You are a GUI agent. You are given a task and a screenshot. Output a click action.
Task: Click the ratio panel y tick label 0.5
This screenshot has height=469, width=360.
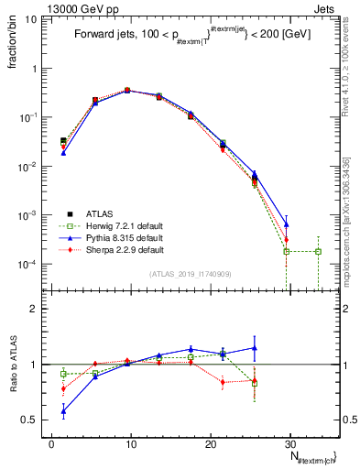pyautogui.click(x=36, y=420)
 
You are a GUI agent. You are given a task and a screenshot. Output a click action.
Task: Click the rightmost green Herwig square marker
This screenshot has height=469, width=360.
pyautogui.click(x=318, y=251)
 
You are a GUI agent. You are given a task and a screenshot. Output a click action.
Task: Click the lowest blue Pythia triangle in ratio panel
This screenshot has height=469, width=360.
pyautogui.click(x=63, y=412)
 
